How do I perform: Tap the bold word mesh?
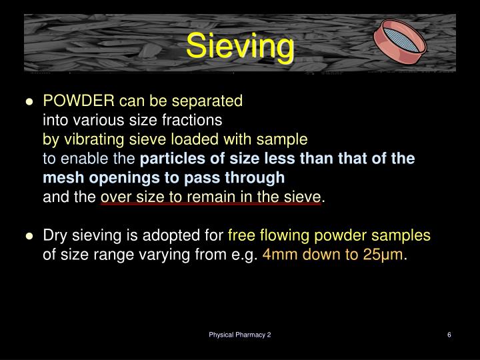pos(59,178)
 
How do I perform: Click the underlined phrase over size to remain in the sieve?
pos(211,197)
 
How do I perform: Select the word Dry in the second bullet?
pos(55,236)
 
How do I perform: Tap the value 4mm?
pos(281,255)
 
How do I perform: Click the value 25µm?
pos(384,255)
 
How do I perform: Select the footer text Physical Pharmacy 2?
pos(239,335)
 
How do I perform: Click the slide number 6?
pos(449,335)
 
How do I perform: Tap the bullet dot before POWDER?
pos(29,102)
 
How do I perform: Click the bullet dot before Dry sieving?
pos(29,237)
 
